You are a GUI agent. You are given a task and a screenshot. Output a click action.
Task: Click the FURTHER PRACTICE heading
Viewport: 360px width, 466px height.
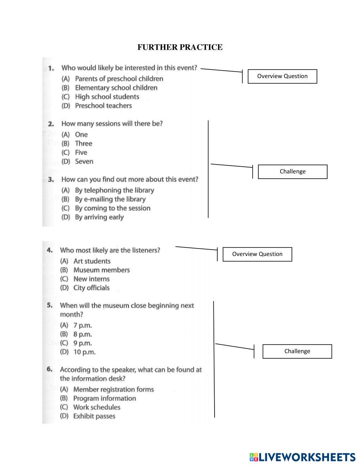[x=180, y=47]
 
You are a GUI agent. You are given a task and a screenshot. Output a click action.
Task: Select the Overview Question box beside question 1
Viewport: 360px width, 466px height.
[x=282, y=76]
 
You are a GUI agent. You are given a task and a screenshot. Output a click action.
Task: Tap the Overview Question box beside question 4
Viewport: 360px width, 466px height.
[x=257, y=254]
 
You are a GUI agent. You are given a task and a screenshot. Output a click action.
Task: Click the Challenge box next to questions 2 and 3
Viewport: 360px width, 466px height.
[x=292, y=172]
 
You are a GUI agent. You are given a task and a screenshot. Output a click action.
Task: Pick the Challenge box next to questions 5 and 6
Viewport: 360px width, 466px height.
[x=297, y=351]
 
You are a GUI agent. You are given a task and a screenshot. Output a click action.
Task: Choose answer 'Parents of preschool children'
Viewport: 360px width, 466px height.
[x=119, y=79]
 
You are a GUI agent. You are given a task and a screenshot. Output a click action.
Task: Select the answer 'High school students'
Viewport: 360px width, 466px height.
[x=107, y=97]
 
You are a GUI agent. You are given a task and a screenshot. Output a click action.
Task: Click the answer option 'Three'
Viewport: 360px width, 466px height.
[x=84, y=143]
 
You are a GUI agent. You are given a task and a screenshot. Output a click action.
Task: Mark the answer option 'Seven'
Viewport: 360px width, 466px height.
[x=84, y=161]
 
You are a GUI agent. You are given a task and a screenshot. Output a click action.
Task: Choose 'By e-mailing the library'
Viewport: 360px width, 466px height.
[x=110, y=199]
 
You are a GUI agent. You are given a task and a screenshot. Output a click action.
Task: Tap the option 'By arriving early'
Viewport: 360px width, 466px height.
[x=99, y=217]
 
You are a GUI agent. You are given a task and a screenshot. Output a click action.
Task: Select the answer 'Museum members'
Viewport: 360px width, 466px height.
[x=102, y=270]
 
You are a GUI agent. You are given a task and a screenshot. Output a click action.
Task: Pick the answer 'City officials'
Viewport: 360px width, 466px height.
[x=91, y=288]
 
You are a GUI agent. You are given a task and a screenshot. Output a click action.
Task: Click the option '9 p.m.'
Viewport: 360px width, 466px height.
[x=82, y=343]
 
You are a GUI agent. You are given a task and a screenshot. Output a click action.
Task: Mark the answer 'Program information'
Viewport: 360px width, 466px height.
[x=104, y=398]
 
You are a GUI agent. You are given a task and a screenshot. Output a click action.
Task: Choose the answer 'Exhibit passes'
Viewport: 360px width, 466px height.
[x=94, y=416]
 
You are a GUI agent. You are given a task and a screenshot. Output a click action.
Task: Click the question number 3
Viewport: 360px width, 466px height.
[x=51, y=179]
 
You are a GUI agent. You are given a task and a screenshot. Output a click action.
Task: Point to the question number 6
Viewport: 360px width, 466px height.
[x=50, y=369]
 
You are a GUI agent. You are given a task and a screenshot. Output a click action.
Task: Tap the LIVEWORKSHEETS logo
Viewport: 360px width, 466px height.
[x=302, y=457]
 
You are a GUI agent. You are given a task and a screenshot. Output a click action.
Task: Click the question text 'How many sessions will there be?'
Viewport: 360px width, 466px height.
[x=112, y=124]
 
